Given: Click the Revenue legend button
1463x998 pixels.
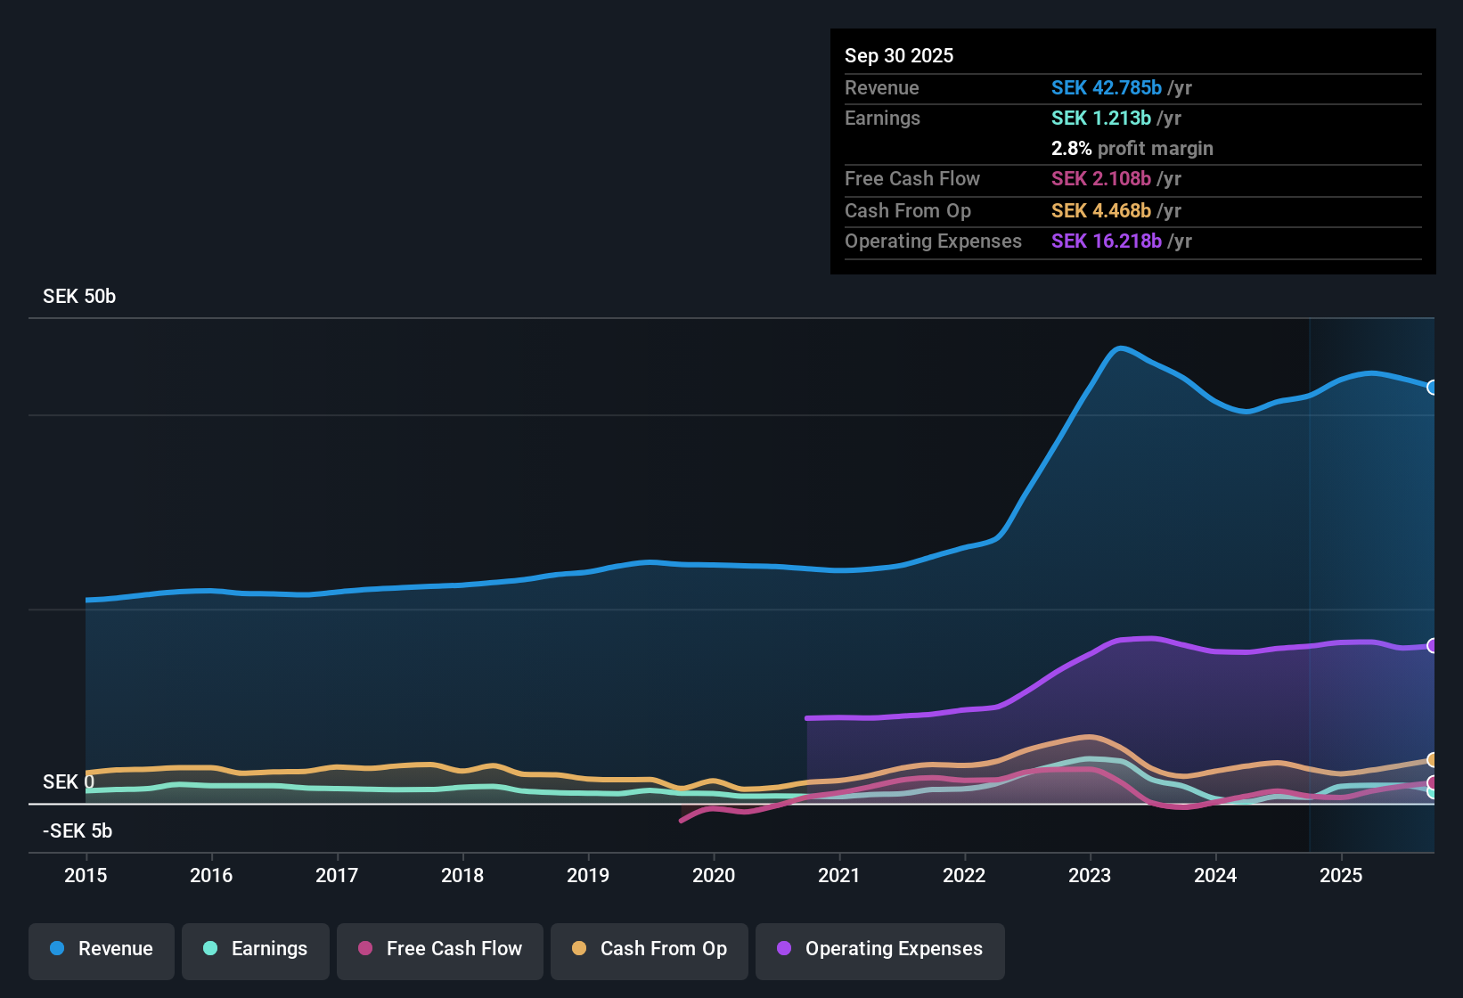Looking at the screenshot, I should click(102, 949).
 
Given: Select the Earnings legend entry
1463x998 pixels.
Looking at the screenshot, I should click(256, 949).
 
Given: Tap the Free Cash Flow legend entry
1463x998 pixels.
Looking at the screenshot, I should click(440, 949).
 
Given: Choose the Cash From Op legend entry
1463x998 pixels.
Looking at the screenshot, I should click(650, 949).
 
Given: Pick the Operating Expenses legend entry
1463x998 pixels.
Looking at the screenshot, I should click(880, 949).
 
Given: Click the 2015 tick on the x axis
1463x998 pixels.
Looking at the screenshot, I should click(86, 875).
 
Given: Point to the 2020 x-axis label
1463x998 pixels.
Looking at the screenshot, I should click(714, 875).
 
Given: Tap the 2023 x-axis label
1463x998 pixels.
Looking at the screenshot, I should click(1090, 875).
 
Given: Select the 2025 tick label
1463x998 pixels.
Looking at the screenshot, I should click(1341, 875).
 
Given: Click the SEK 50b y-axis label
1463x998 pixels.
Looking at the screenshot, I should click(79, 297).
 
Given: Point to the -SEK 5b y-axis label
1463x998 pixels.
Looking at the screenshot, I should click(78, 831).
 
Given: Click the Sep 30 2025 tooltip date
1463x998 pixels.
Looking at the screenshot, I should click(899, 56).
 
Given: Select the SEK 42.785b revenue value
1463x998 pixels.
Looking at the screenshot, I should click(1106, 88).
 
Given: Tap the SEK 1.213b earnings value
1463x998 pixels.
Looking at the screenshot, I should click(1100, 119).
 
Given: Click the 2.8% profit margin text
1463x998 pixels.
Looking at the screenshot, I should click(1132, 149).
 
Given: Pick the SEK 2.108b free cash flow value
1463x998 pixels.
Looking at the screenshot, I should click(1100, 179).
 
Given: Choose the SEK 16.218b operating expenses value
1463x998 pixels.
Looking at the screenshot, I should click(1106, 241).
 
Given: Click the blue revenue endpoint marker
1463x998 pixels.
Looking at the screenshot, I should click(1432, 388).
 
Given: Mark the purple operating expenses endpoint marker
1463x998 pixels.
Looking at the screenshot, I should click(1432, 646).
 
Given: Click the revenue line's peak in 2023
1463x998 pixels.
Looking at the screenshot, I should click(1120, 348).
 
